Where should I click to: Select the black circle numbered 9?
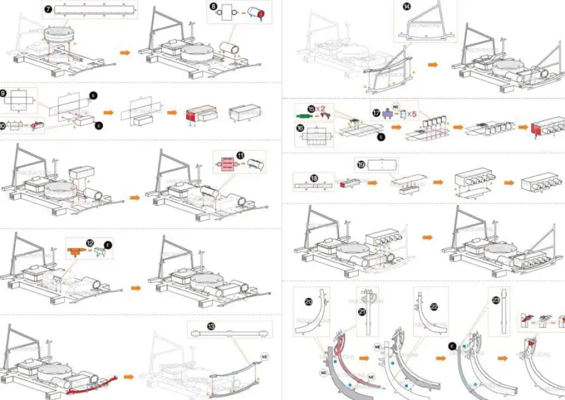(x=3, y=93)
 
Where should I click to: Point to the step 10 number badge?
(x=3, y=125)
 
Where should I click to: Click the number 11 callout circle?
(x=240, y=155)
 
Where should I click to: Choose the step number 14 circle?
(x=406, y=7)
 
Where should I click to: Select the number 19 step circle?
(x=361, y=165)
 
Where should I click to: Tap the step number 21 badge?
(x=362, y=312)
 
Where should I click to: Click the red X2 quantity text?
(x=322, y=108)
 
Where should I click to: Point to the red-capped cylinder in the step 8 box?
(x=256, y=13)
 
